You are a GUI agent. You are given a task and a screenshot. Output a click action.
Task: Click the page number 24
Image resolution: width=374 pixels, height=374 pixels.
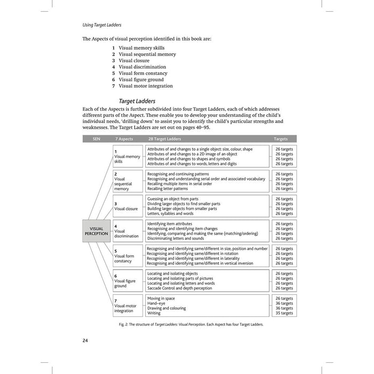click(85, 341)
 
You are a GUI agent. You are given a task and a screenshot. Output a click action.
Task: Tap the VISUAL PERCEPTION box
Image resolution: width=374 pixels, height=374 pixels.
click(96, 231)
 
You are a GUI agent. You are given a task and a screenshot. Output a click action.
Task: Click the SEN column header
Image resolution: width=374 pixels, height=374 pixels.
click(96, 138)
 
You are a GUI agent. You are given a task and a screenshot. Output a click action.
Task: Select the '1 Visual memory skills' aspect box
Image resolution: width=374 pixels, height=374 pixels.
click(128, 156)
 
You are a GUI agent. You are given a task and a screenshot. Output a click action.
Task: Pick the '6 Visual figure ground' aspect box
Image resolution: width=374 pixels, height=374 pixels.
click(128, 280)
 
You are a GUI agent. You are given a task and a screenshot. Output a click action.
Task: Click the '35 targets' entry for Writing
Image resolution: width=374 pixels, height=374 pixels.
click(284, 313)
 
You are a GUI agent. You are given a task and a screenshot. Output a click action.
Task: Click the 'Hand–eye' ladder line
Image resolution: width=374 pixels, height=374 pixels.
click(157, 303)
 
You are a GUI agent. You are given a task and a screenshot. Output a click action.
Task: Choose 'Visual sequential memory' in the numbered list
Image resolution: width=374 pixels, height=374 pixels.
click(147, 54)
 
